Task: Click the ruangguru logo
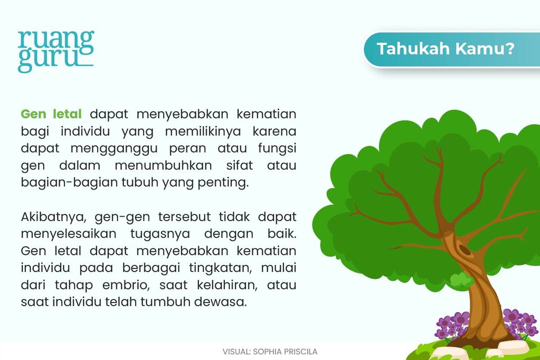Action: [55, 51]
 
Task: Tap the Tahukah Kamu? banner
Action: [445, 49]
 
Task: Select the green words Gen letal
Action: [51, 114]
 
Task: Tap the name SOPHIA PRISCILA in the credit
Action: [286, 351]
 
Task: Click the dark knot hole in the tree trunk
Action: [465, 249]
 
